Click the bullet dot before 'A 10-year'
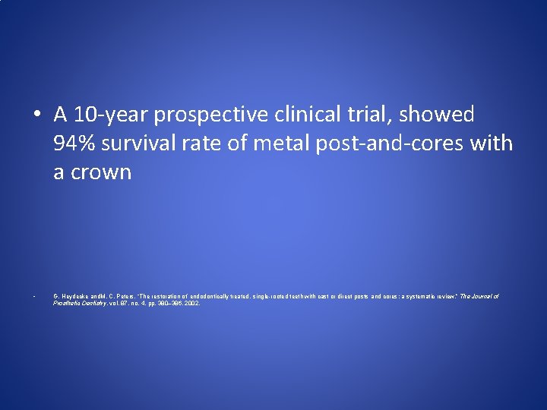pyautogui.click(x=37, y=115)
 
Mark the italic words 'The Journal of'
pyautogui.click(x=479, y=296)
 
